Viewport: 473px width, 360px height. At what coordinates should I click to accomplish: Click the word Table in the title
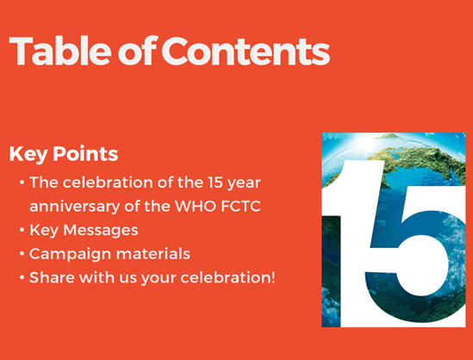click(x=60, y=51)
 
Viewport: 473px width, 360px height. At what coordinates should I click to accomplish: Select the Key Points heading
click(x=64, y=154)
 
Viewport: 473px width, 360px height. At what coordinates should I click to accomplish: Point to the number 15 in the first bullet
click(x=215, y=183)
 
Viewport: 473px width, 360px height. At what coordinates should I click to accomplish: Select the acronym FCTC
click(x=240, y=207)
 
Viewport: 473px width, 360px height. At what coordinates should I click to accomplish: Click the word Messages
click(x=101, y=230)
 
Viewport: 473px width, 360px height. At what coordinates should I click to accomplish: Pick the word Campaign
click(x=71, y=254)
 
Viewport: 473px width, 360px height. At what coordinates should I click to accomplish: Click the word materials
click(x=153, y=254)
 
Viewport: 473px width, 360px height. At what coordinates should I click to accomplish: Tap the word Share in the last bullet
click(x=52, y=277)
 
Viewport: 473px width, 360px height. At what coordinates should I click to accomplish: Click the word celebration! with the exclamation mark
click(x=228, y=277)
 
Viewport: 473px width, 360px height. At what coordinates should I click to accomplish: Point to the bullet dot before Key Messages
click(x=22, y=230)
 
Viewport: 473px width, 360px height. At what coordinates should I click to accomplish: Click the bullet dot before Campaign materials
click(x=22, y=253)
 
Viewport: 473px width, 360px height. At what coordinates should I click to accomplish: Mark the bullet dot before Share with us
click(x=22, y=277)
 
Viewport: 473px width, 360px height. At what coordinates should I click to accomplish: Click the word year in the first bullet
click(x=244, y=183)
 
